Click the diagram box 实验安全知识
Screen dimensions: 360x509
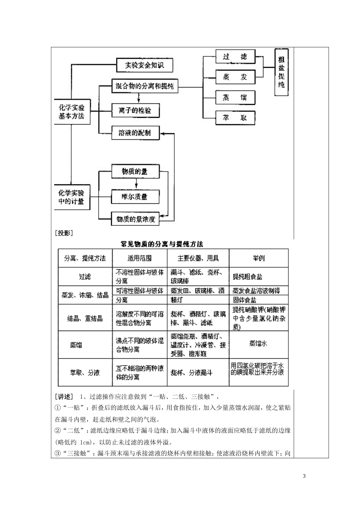(x=144, y=66)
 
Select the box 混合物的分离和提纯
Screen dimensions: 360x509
(x=144, y=86)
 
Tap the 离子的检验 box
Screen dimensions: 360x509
(x=135, y=111)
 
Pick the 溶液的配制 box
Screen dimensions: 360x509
(x=135, y=133)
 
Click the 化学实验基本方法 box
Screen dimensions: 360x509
(x=72, y=112)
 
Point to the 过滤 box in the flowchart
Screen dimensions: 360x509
(x=235, y=57)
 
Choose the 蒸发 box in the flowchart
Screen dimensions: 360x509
(x=235, y=77)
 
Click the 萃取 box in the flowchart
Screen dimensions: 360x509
(x=235, y=118)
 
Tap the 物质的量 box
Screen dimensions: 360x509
(x=135, y=172)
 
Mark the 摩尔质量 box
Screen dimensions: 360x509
(x=135, y=197)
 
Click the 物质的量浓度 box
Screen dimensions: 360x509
(x=135, y=219)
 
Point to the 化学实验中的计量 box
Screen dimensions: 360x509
(x=72, y=197)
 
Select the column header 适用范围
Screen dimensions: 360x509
(x=139, y=258)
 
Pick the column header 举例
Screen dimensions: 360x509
(x=259, y=258)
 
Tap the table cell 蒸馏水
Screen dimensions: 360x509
(x=258, y=343)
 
